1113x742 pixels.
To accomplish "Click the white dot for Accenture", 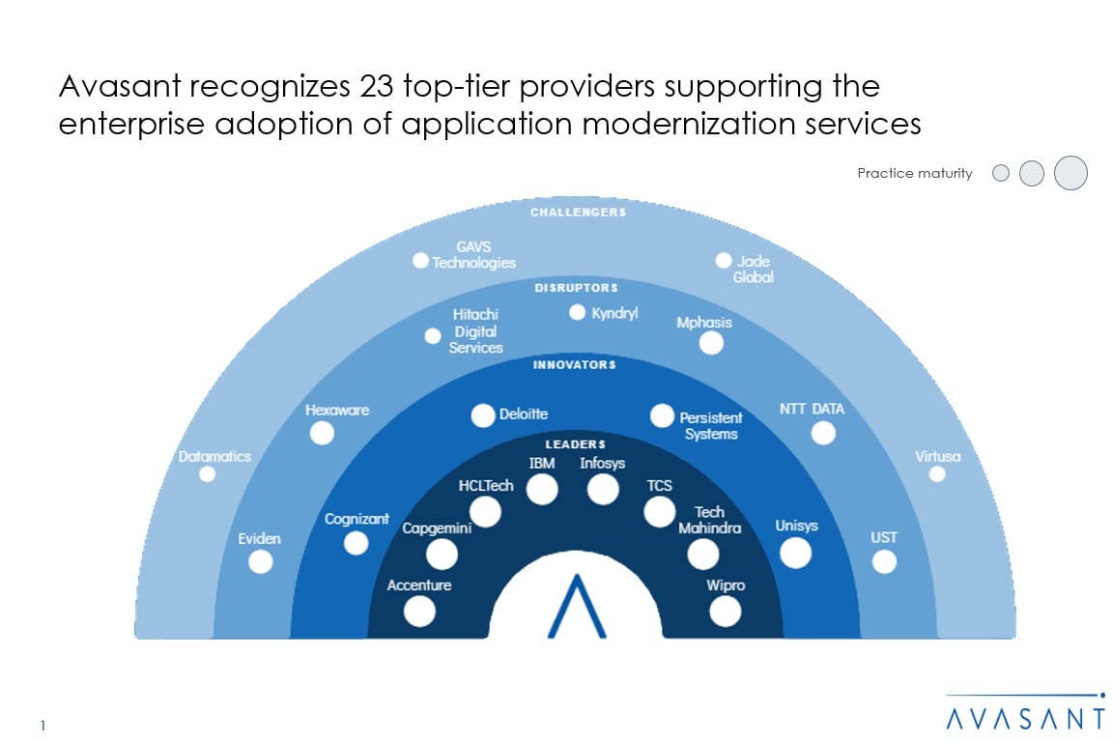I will [x=419, y=611].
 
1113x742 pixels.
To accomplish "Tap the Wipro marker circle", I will [x=725, y=611].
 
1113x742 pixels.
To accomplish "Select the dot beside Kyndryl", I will [x=577, y=312].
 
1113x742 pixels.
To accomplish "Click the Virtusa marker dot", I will [x=936, y=473].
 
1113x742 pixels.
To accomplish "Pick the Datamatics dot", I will [x=207, y=473].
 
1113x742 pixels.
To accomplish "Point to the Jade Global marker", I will [x=723, y=260].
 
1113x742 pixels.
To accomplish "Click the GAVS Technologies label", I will [x=473, y=255].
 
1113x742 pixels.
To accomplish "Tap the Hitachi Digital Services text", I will [x=475, y=331].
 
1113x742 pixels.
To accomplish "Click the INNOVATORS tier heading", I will [x=574, y=365].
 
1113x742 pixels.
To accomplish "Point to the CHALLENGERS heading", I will [x=578, y=213].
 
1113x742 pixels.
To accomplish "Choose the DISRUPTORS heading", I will [x=576, y=287].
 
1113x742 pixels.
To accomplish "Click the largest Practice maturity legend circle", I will [x=1070, y=173].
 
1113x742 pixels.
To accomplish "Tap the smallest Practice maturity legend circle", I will [x=1001, y=173].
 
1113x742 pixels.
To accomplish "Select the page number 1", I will [x=44, y=724].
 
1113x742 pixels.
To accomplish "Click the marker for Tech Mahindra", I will [x=702, y=554].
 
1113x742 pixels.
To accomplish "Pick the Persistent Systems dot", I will [x=662, y=415].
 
